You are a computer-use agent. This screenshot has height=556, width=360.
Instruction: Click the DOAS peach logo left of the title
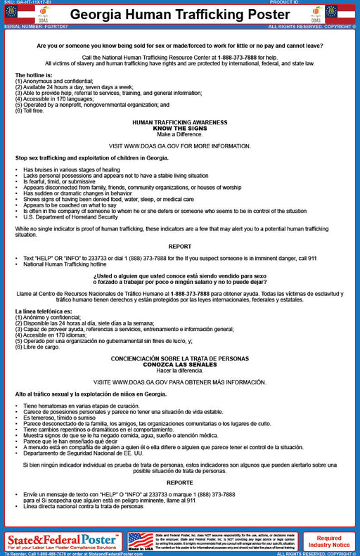(42, 13)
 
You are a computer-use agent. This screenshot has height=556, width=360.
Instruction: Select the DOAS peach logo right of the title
(318, 13)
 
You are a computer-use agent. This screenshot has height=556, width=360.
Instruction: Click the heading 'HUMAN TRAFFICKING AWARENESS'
(180, 122)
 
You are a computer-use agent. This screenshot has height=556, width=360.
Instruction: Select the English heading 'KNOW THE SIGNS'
(180, 128)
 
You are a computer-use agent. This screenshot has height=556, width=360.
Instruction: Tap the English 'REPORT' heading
(180, 246)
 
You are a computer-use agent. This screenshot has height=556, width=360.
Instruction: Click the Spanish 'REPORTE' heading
(180, 483)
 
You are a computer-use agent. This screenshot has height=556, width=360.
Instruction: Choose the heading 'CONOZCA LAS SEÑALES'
(180, 365)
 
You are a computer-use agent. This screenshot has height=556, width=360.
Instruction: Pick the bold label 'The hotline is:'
(34, 75)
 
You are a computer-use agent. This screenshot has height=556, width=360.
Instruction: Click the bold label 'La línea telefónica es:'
(44, 311)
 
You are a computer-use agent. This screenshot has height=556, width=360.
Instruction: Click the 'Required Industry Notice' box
(329, 541)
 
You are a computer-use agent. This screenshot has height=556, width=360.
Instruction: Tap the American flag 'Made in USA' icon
(141, 541)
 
